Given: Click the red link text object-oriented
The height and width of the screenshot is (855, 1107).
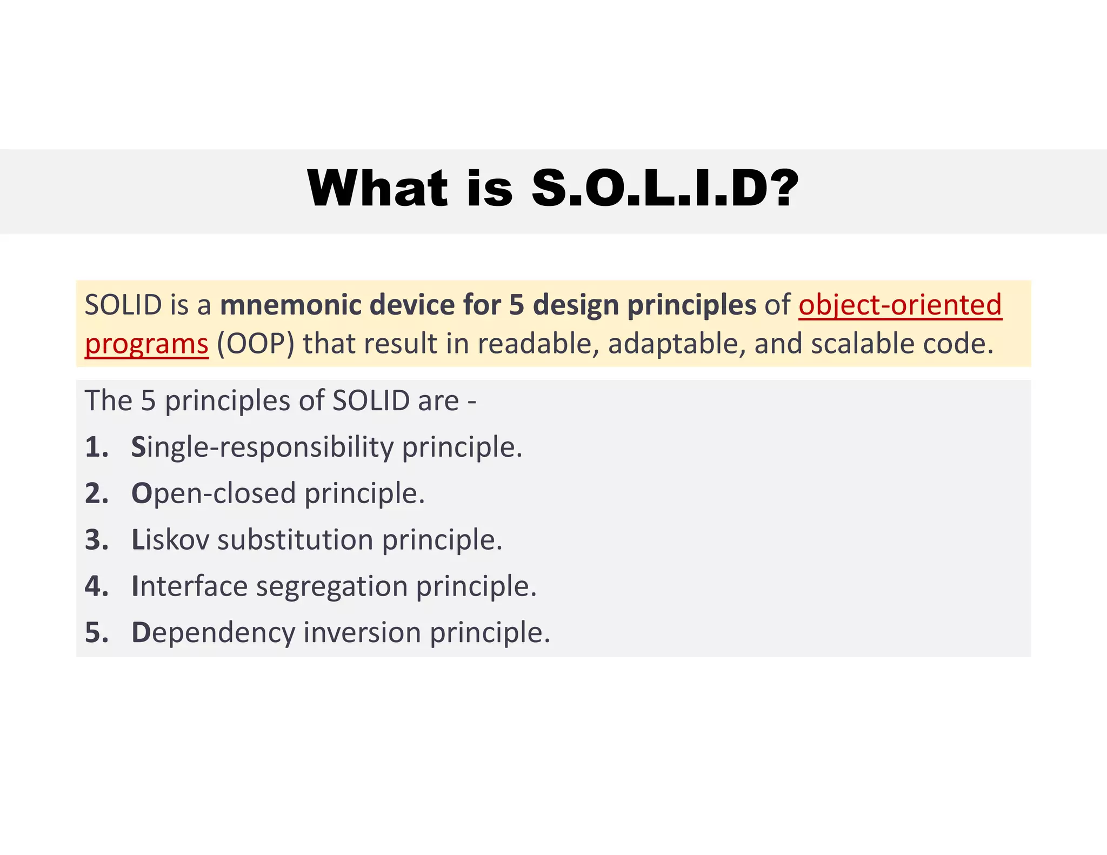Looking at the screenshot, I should (x=900, y=305).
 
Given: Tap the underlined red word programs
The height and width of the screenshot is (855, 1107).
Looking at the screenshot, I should (x=146, y=344).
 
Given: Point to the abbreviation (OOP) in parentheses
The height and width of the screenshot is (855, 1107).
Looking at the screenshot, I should (x=256, y=344).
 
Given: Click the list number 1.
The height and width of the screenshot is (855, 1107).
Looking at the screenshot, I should (x=97, y=447).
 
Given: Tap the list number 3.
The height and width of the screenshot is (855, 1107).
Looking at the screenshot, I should (x=97, y=540).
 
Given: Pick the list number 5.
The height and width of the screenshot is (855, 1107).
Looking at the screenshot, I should (x=97, y=632).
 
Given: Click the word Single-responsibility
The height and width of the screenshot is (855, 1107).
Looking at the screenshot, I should (x=263, y=447).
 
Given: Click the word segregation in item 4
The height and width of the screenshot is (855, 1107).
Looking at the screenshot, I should (x=332, y=587).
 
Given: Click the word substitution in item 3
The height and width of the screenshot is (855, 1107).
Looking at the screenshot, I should (x=295, y=540).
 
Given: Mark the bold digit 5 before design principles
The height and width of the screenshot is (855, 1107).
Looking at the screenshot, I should (x=517, y=305).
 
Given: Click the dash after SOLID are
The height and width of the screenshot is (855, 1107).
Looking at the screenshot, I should (x=472, y=402).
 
